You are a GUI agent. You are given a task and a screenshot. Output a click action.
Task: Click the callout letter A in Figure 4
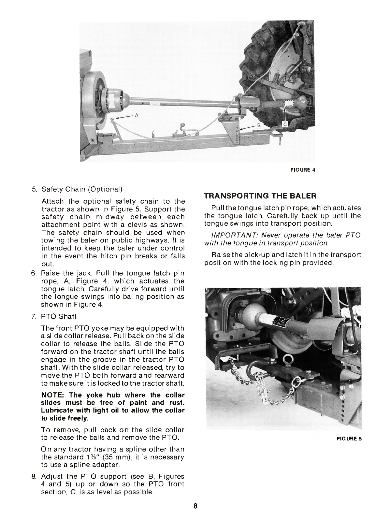tap(137, 115)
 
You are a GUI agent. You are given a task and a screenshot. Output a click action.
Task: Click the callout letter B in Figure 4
tap(259, 125)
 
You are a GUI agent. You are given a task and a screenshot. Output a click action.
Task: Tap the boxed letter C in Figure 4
tap(284, 124)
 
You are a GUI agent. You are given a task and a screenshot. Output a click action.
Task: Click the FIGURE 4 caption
tap(303, 170)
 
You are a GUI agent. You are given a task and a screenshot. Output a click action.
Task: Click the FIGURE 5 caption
tap(349, 439)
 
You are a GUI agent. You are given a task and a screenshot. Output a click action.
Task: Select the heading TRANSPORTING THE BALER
tap(260, 196)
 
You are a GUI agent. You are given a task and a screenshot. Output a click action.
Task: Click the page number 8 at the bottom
tap(195, 506)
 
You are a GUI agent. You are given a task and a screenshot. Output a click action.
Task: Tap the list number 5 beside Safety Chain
tap(34, 189)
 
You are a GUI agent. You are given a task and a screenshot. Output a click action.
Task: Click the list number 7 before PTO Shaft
tap(34, 316)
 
